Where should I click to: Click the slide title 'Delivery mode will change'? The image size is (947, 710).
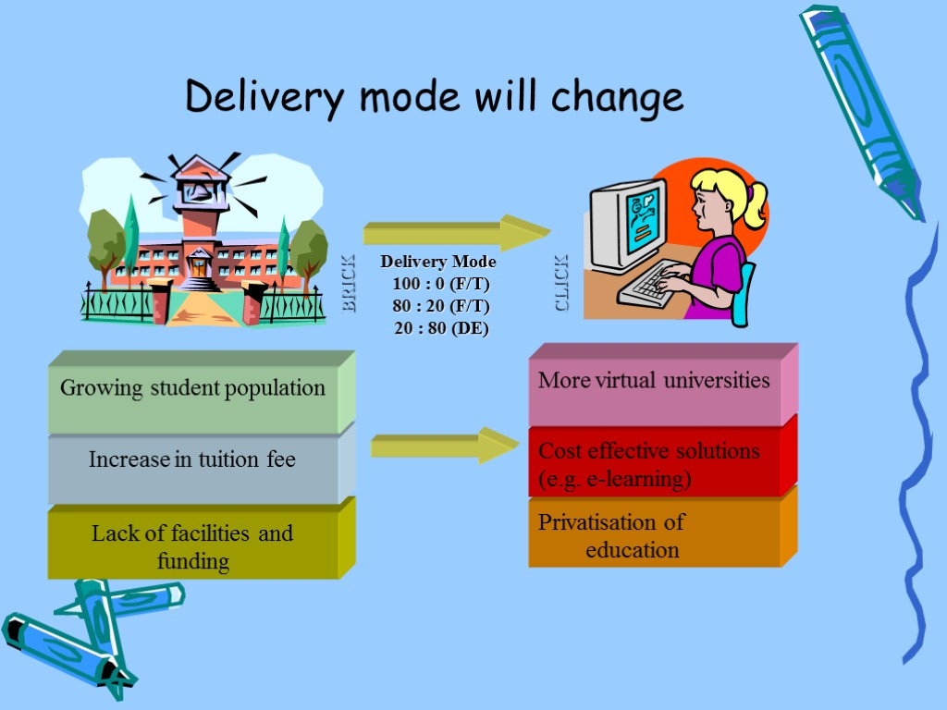pyautogui.click(x=434, y=96)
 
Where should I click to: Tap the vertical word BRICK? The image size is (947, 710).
pyautogui.click(x=349, y=284)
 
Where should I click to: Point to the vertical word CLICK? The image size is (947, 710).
pyautogui.click(x=562, y=283)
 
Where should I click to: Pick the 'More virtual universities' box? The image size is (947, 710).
pyautogui.click(x=654, y=381)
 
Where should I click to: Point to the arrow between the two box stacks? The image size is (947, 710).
pyautogui.click(x=443, y=445)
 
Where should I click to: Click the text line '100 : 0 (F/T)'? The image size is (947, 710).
pyautogui.click(x=440, y=284)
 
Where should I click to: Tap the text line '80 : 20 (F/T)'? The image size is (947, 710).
pyautogui.click(x=440, y=306)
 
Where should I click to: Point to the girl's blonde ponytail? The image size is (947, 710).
pyautogui.click(x=754, y=202)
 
